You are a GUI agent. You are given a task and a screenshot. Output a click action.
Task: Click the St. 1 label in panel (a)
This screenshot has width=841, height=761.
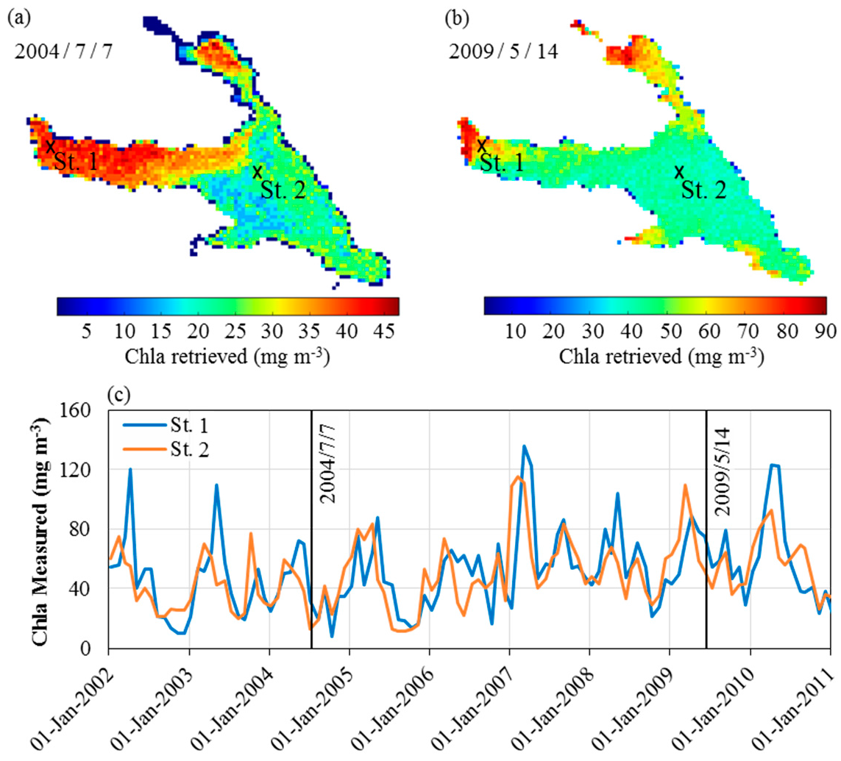[x=77, y=162]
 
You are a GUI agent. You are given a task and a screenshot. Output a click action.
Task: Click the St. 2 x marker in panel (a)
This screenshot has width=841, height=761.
[x=257, y=172]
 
